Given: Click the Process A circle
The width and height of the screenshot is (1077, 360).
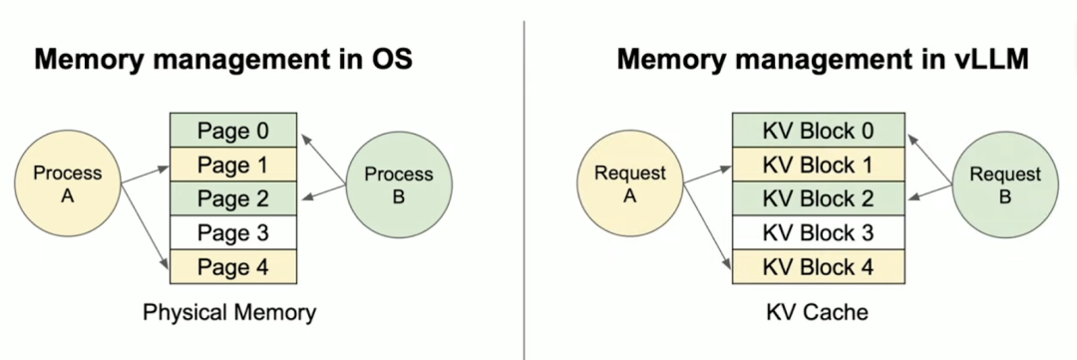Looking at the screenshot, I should [68, 184].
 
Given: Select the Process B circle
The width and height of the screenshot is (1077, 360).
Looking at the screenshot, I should [398, 184].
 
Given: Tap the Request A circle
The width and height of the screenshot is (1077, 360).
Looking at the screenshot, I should [629, 184].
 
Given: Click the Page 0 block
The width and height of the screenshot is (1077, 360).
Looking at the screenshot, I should [233, 131].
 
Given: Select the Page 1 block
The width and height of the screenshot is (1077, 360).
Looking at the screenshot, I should [233, 165].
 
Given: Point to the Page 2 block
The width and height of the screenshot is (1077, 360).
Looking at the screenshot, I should [233, 198].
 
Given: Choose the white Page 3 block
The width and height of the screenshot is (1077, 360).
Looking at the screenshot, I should [233, 232].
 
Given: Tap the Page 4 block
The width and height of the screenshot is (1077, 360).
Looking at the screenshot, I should [233, 266].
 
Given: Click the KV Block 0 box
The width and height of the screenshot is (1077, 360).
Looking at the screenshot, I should [818, 131].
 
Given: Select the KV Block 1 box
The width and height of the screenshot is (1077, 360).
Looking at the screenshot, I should [818, 165].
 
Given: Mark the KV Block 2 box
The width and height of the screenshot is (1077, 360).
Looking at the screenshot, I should [818, 198].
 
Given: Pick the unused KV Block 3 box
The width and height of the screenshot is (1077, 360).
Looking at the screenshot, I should [818, 232].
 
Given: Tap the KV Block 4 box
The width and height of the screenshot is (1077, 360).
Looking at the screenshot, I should [818, 266].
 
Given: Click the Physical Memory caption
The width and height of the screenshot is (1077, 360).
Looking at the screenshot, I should [229, 312].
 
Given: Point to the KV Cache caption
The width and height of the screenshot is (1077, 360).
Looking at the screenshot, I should [817, 312].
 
